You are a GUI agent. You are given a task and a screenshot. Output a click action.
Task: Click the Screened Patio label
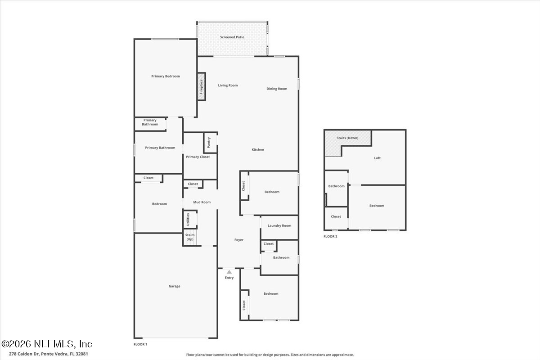(x=232, y=37)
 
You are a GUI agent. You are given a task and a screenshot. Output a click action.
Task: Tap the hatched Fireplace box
(x=201, y=86)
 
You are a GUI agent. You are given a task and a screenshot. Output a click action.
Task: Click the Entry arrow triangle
(x=229, y=272)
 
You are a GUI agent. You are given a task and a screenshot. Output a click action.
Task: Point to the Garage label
(x=175, y=286)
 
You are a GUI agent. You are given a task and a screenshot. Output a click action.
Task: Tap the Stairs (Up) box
(x=189, y=237)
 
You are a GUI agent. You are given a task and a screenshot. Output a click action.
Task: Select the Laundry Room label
(x=279, y=225)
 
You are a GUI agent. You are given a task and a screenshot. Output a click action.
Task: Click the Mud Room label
(x=202, y=202)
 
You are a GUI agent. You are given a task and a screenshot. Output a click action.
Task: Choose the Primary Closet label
(x=198, y=157)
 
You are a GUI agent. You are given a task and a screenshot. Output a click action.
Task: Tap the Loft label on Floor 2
(x=378, y=158)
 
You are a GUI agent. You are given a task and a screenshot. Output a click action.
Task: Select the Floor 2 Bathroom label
(x=336, y=186)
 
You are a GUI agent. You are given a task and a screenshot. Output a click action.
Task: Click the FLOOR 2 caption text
(x=330, y=236)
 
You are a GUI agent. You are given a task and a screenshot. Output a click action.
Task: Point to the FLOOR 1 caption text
(x=140, y=344)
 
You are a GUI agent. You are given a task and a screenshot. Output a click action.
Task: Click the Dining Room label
(x=277, y=89)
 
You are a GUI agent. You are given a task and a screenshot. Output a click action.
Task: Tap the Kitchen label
(x=258, y=149)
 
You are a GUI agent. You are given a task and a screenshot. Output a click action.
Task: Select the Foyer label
(x=239, y=240)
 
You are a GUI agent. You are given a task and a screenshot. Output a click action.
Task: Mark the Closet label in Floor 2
(x=336, y=216)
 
